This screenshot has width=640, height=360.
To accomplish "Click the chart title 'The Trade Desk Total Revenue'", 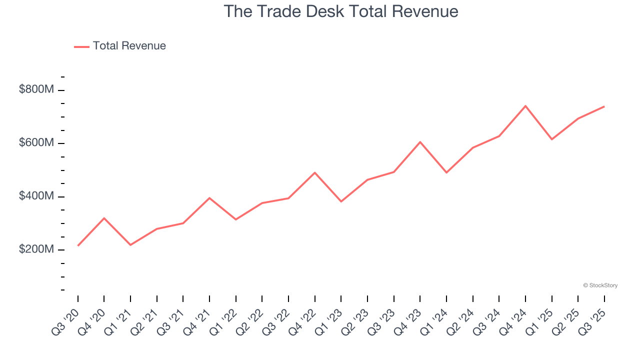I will tap(340, 11).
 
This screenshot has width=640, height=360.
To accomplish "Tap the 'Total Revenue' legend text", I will tap(129, 46).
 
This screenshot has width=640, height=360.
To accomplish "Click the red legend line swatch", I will tap(81, 46).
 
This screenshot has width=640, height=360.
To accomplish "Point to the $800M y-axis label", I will tap(36, 89).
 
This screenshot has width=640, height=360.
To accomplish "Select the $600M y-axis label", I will tap(36, 143).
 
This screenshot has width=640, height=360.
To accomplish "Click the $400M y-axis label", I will tap(36, 196).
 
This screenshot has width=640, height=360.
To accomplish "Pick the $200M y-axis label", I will tap(36, 249).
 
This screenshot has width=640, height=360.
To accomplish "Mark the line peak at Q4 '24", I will tap(525, 106).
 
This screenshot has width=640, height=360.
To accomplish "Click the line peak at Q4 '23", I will tap(420, 142).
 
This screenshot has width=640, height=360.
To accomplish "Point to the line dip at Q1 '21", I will tap(130, 245).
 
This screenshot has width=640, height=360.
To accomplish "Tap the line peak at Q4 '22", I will tap(315, 172).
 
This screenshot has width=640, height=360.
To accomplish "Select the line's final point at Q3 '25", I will tap(604, 106).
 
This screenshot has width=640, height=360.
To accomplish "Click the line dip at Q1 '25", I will tap(552, 139).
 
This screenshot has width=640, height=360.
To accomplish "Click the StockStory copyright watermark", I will tap(600, 285).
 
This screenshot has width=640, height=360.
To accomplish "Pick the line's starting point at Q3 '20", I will tap(78, 245).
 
